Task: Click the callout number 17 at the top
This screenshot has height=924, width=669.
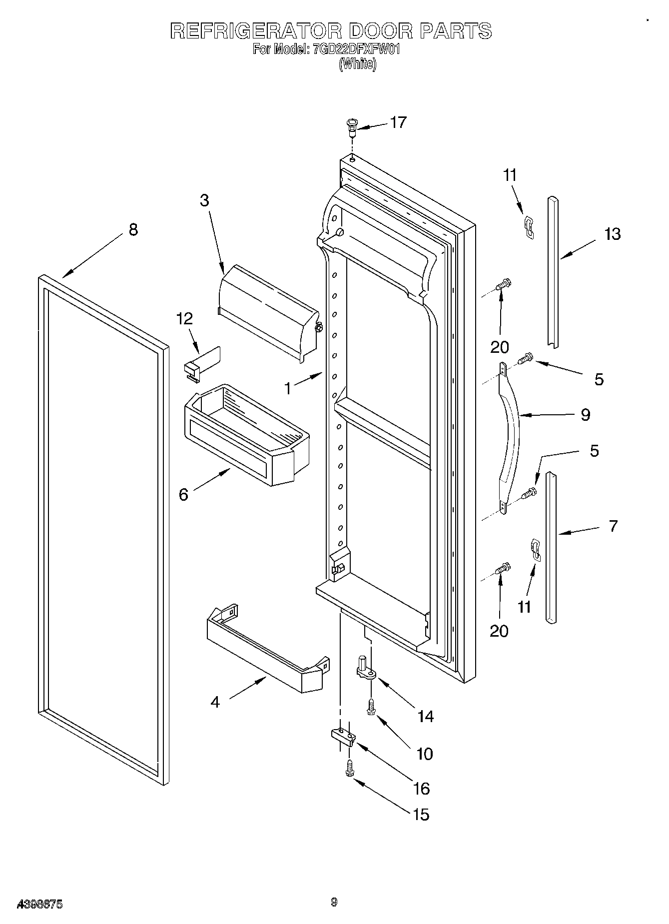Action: (x=398, y=122)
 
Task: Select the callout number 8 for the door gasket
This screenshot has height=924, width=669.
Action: (x=132, y=230)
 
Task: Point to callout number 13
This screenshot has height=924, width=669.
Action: (x=612, y=234)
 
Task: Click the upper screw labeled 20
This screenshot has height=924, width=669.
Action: (x=503, y=285)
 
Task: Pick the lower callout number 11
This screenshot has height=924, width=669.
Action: (x=524, y=607)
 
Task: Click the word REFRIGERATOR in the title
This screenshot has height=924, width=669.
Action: (x=255, y=31)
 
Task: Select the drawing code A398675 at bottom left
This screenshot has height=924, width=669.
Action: (x=40, y=904)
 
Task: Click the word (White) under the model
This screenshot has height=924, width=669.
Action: (x=357, y=64)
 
